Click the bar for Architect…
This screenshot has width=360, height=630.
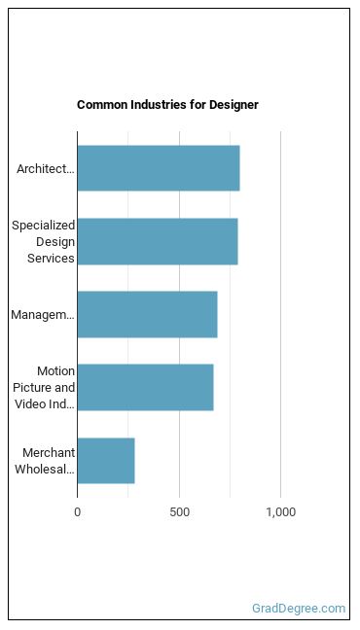tap(159, 168)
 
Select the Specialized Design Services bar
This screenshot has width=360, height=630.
tap(158, 241)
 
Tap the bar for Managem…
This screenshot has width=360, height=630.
tap(147, 315)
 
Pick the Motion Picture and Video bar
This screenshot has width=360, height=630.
tap(145, 387)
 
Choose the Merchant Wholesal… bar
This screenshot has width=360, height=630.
tap(106, 461)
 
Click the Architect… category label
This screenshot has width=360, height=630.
tap(46, 169)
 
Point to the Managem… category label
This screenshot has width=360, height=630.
tap(43, 315)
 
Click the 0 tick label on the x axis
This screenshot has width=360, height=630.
tap(77, 512)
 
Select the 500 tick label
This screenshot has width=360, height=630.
tap(179, 512)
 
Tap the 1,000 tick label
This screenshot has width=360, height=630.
tap(280, 512)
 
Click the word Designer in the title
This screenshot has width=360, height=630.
tap(234, 105)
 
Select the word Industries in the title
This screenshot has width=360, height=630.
tap(157, 105)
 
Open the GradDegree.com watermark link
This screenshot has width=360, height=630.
tap(299, 609)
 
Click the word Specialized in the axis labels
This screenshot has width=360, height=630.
tap(44, 226)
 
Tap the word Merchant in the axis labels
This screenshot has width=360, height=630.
tap(49, 452)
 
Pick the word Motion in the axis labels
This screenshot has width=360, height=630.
tap(55, 370)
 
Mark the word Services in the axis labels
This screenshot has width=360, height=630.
tap(52, 258)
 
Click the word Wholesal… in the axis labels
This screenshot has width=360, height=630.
tap(45, 469)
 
